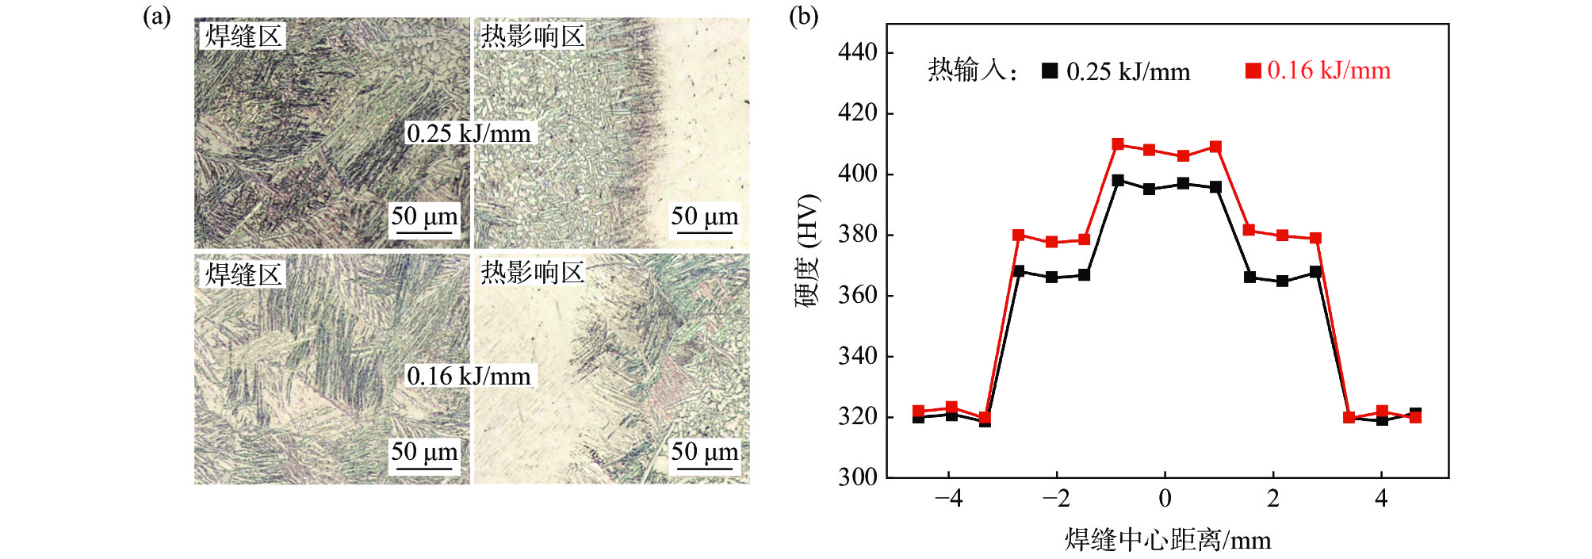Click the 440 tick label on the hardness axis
857,52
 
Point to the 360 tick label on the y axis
857,295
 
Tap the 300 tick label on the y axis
857,477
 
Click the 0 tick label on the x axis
1165,499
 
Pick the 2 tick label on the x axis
1273,499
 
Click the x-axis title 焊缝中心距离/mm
1167,540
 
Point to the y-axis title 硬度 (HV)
806,250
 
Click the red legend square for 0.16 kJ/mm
1253,71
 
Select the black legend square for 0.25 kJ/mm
1050,71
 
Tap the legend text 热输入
967,71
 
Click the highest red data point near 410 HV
1118,144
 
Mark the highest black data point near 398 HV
1118,181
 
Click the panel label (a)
156,17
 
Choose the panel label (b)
803,17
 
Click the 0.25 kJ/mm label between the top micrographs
469,133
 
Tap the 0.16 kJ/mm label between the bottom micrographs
469,376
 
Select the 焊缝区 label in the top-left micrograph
243,36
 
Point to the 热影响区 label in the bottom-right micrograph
532,272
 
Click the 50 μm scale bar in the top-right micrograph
704,231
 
